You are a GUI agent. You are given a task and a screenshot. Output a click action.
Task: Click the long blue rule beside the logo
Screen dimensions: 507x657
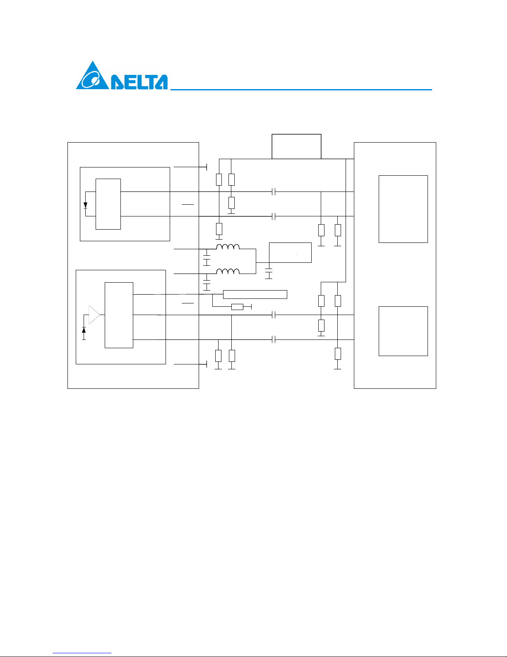(x=301, y=90)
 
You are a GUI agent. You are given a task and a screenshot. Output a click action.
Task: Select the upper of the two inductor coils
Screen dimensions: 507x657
(x=228, y=247)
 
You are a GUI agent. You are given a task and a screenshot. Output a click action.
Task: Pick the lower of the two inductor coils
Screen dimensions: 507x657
(x=228, y=272)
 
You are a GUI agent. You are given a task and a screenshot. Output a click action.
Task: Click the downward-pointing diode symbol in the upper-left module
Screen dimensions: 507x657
(x=85, y=205)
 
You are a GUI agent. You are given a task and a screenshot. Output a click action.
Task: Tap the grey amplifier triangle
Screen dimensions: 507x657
(x=94, y=315)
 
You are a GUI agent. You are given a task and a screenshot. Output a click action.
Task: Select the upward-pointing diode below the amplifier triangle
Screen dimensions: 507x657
(x=84, y=330)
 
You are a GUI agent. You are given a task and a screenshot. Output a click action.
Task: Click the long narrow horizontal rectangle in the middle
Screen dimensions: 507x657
(x=255, y=295)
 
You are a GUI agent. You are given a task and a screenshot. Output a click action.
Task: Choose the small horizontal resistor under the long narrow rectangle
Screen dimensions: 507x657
(x=237, y=307)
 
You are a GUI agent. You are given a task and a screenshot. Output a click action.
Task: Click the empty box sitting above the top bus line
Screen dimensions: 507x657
(x=296, y=146)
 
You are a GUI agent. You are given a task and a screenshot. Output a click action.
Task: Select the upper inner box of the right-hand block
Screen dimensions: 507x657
(x=403, y=209)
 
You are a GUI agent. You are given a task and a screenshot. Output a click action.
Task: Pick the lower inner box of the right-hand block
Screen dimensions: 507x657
(x=403, y=331)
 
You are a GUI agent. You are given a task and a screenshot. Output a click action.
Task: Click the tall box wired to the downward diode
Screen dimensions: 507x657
(x=108, y=204)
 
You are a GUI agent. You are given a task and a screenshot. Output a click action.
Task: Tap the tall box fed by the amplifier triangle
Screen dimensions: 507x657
(x=119, y=315)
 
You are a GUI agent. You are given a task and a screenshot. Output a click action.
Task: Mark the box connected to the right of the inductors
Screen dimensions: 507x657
(x=290, y=252)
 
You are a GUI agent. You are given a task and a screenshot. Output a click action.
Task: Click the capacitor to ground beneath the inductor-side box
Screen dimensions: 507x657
(x=269, y=273)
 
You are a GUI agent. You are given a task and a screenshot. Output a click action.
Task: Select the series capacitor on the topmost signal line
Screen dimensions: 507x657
(x=274, y=192)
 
